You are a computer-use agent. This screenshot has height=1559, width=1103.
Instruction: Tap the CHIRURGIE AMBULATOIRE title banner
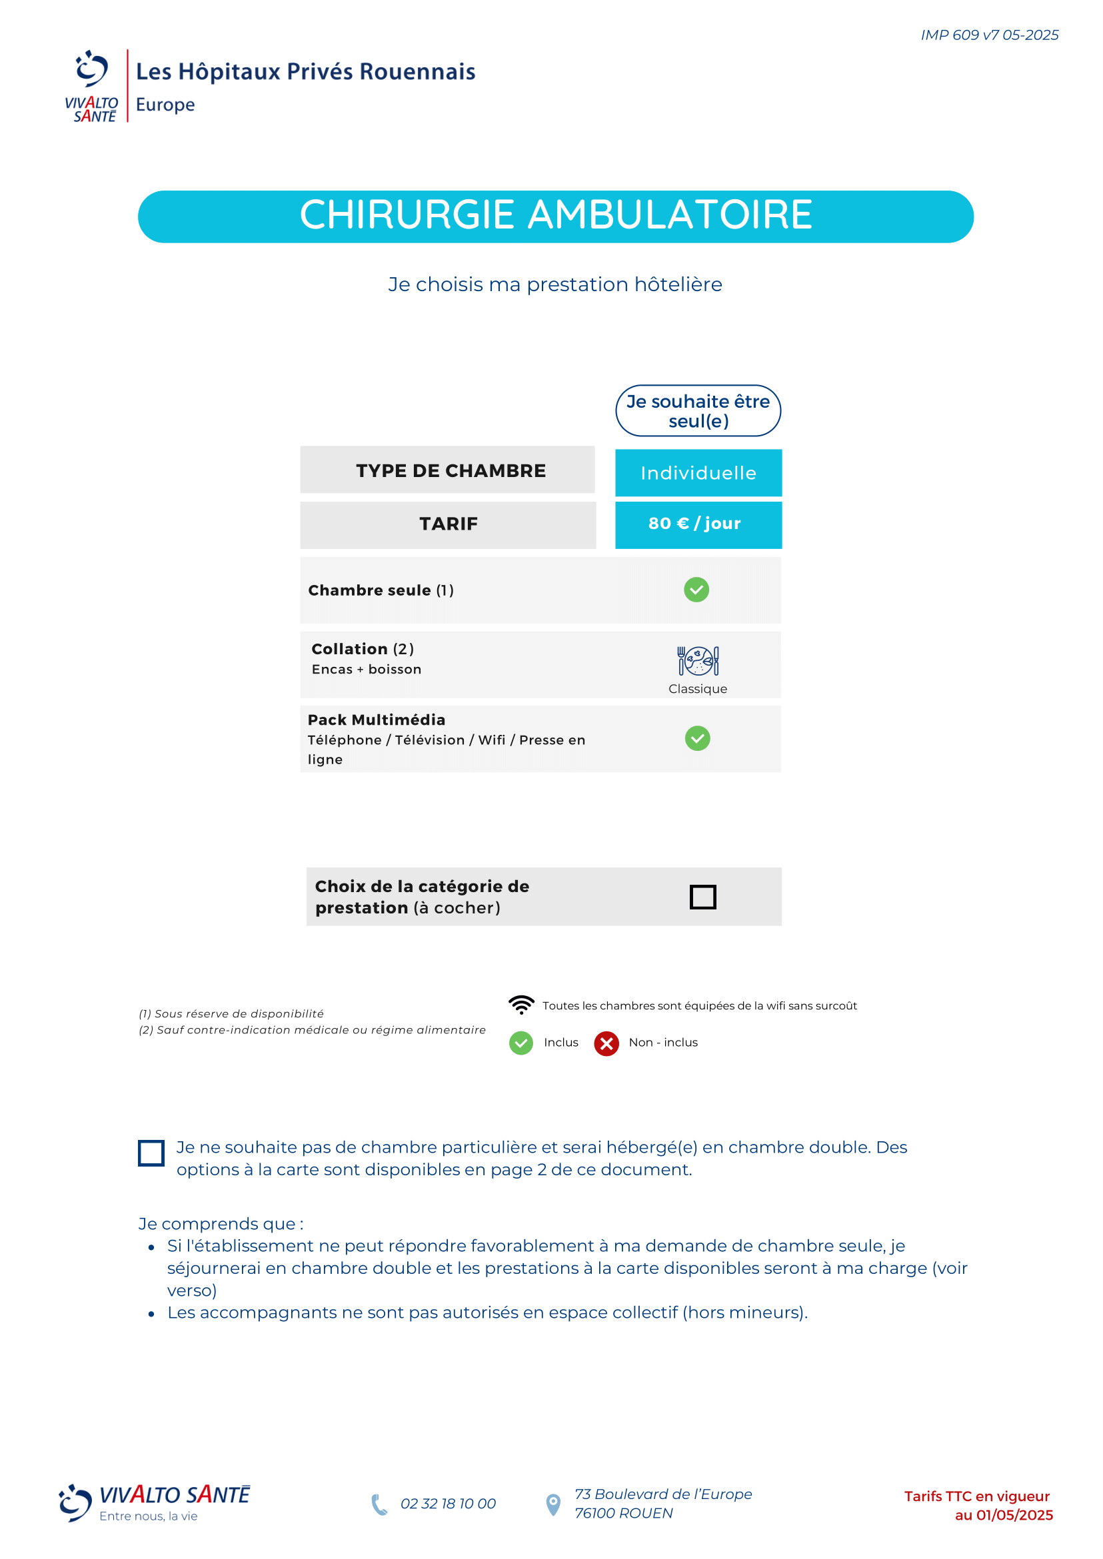[x=556, y=216]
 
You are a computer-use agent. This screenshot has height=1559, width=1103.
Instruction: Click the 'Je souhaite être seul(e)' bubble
[x=698, y=411]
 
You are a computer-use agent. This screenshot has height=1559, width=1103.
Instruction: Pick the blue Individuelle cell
[x=698, y=472]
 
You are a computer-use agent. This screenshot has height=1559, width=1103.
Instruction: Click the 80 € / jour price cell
[x=698, y=524]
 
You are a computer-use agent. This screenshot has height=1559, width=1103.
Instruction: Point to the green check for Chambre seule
[x=696, y=590]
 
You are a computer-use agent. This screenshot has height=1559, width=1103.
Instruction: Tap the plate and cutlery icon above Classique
[x=698, y=660]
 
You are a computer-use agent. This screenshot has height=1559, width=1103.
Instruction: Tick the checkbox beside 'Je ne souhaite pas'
[x=151, y=1153]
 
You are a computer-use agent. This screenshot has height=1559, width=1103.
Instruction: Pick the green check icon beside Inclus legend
[x=521, y=1043]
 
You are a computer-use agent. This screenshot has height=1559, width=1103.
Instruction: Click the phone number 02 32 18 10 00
[x=448, y=1503]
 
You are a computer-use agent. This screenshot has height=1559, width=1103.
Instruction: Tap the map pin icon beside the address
[x=554, y=1504]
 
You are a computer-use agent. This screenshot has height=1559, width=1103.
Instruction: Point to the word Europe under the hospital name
[x=165, y=105]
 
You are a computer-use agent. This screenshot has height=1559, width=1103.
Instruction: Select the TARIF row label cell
[x=448, y=524]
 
